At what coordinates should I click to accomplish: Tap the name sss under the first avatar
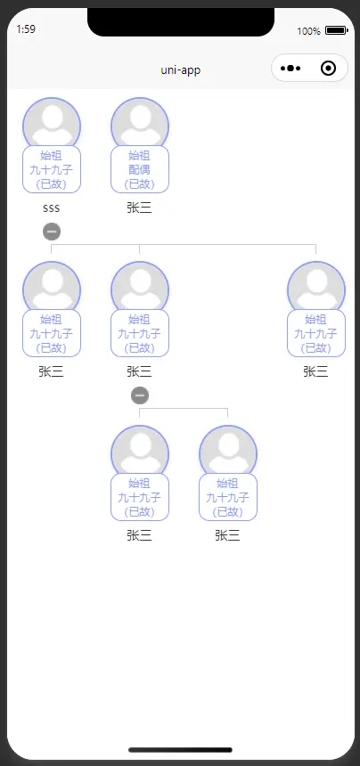click(x=52, y=208)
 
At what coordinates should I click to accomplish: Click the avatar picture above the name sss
click(x=52, y=122)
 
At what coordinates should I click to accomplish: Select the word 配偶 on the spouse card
click(x=139, y=169)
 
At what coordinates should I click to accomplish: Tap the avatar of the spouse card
click(x=140, y=122)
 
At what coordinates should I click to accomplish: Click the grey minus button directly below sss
click(x=52, y=231)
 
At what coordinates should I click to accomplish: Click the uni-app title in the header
click(x=180, y=69)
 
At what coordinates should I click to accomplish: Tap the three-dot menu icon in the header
click(x=290, y=69)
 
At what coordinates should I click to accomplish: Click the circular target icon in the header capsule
click(x=328, y=69)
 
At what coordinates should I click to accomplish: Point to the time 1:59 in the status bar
click(x=26, y=29)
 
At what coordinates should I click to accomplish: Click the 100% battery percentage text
click(x=308, y=31)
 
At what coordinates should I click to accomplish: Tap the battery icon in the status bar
click(x=336, y=31)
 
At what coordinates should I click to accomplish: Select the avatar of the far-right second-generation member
click(x=316, y=286)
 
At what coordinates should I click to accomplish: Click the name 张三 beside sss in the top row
click(x=139, y=208)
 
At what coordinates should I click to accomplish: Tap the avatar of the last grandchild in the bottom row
click(x=228, y=450)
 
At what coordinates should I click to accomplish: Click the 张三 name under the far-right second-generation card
click(x=315, y=371)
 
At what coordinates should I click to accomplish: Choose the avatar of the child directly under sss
click(x=52, y=286)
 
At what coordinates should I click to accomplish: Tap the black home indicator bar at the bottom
click(x=180, y=750)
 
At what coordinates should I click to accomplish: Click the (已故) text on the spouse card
click(x=139, y=184)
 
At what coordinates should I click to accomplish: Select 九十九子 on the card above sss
click(x=52, y=169)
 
